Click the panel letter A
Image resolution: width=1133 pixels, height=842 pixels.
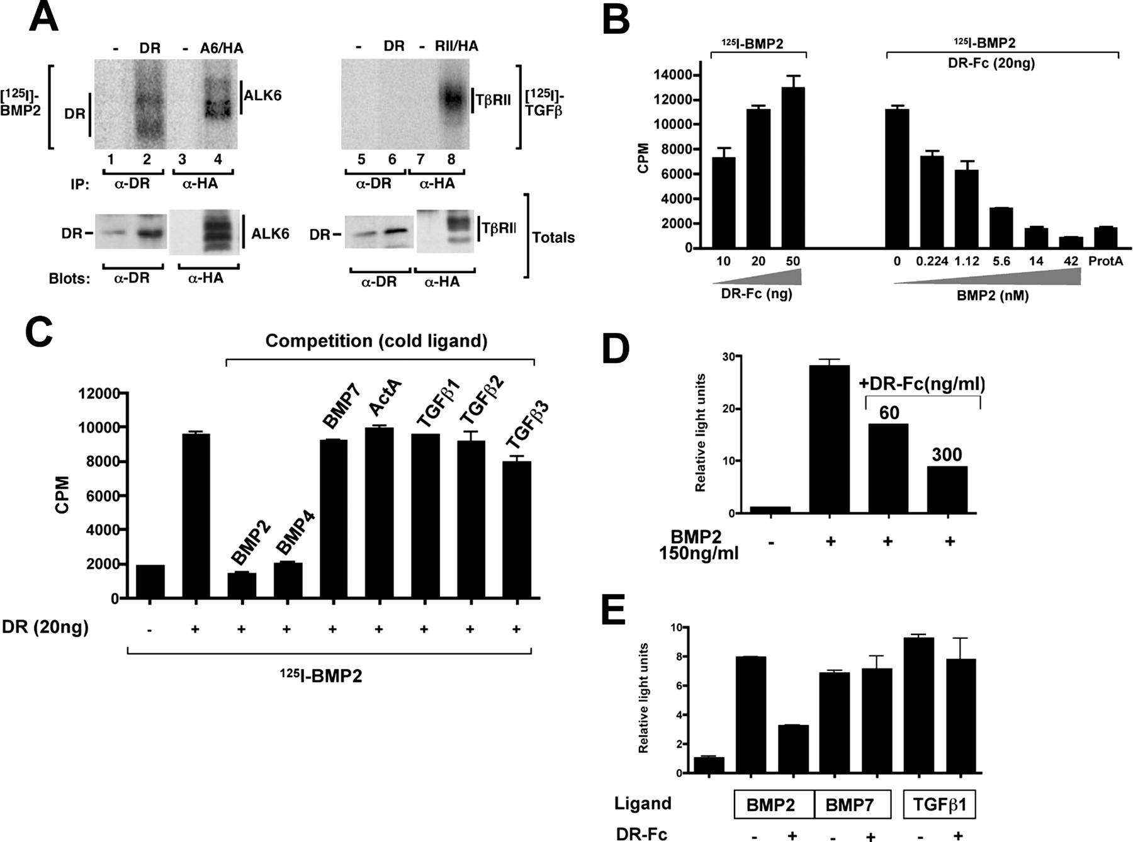click(43, 18)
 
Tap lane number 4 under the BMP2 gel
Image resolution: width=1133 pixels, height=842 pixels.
click(218, 159)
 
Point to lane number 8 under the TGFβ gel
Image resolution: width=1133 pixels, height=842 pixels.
click(451, 159)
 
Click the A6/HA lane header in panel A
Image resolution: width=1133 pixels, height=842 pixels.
click(222, 48)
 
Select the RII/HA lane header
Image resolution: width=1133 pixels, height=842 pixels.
click(456, 46)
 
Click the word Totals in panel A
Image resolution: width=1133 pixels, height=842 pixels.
click(553, 237)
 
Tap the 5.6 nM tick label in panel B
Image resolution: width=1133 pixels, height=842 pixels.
click(1001, 261)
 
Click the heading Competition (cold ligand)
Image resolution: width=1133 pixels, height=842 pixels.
click(376, 340)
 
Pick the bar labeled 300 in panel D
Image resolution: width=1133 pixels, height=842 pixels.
click(947, 490)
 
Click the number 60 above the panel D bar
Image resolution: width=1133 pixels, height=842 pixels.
click(889, 413)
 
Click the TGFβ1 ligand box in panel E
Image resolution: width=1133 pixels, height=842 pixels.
click(939, 804)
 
